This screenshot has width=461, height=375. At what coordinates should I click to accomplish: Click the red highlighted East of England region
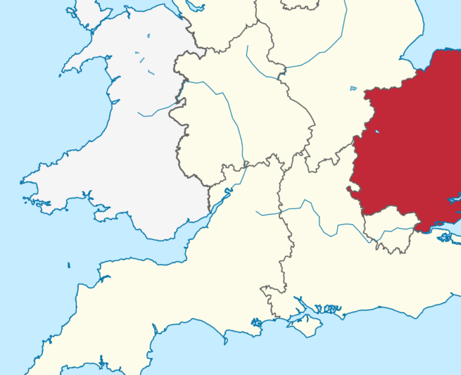(408, 151)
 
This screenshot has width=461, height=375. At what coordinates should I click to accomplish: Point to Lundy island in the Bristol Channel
(68, 265)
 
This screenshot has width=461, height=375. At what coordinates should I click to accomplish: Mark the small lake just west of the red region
(353, 88)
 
